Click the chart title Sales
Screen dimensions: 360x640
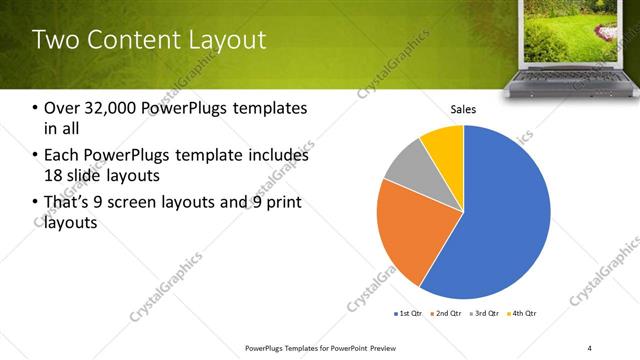click(463, 109)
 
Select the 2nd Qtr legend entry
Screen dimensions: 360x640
click(445, 314)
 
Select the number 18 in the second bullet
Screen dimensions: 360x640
click(51, 176)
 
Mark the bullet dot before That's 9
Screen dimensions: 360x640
click(36, 203)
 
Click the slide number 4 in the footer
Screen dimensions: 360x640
click(589, 347)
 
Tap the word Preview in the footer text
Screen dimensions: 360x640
click(388, 347)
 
